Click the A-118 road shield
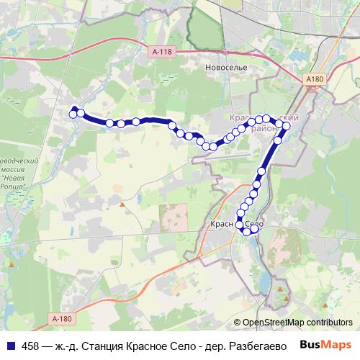(x=163, y=52)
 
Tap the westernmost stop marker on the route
(x=73, y=114)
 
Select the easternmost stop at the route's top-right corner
(x=286, y=127)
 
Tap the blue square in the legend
(x=10, y=346)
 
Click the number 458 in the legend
(x=31, y=346)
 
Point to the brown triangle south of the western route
(x=122, y=204)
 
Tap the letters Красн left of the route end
(x=221, y=225)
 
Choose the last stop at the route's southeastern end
(x=253, y=231)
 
